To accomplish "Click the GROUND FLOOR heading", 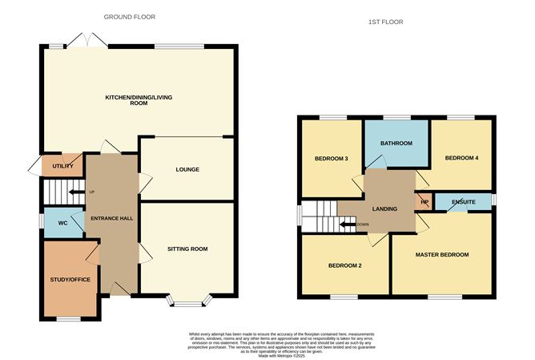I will tap(130, 16).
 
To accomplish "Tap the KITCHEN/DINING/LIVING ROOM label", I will tap(139, 100).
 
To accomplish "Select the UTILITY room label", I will tap(63, 166).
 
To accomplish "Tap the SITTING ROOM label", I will tap(187, 249).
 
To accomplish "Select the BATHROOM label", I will tap(396, 144).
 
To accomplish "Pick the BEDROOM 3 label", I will tap(330, 158).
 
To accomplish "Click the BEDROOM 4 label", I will tap(462, 158).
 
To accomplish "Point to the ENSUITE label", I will tap(462, 200).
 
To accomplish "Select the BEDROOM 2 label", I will tap(345, 265).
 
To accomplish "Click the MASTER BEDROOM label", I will tap(441, 254).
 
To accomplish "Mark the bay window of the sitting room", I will tap(189, 302).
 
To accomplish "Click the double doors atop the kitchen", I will tap(87, 40).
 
